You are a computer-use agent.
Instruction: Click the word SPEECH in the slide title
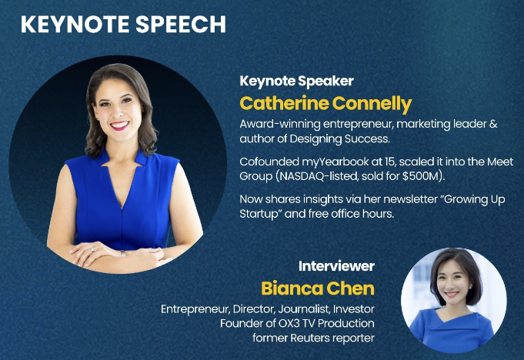[x=179, y=24]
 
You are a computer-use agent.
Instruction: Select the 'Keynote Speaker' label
[x=285, y=81]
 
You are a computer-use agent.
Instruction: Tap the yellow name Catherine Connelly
[x=325, y=103]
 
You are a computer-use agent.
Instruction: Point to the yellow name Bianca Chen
[x=318, y=288]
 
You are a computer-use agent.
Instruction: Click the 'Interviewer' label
[x=336, y=266]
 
